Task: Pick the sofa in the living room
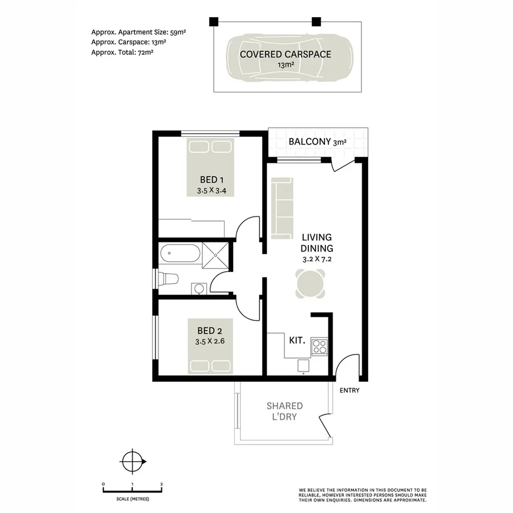coord(282,208)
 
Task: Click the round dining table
coord(311,283)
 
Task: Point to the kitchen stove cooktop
coord(319,345)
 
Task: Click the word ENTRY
coord(349,390)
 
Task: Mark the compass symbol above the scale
coord(132,460)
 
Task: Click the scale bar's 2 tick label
coord(162,484)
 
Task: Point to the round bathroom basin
coord(198,288)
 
